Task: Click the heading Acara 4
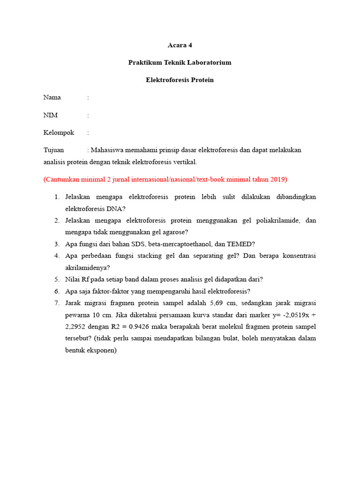(180, 45)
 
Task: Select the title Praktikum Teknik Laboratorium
(180, 62)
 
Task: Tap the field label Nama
(52, 97)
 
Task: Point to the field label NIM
(50, 115)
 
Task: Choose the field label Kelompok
(59, 133)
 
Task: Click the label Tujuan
(53, 150)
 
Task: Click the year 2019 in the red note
(277, 180)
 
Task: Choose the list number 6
(56, 291)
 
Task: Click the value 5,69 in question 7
(220, 303)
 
